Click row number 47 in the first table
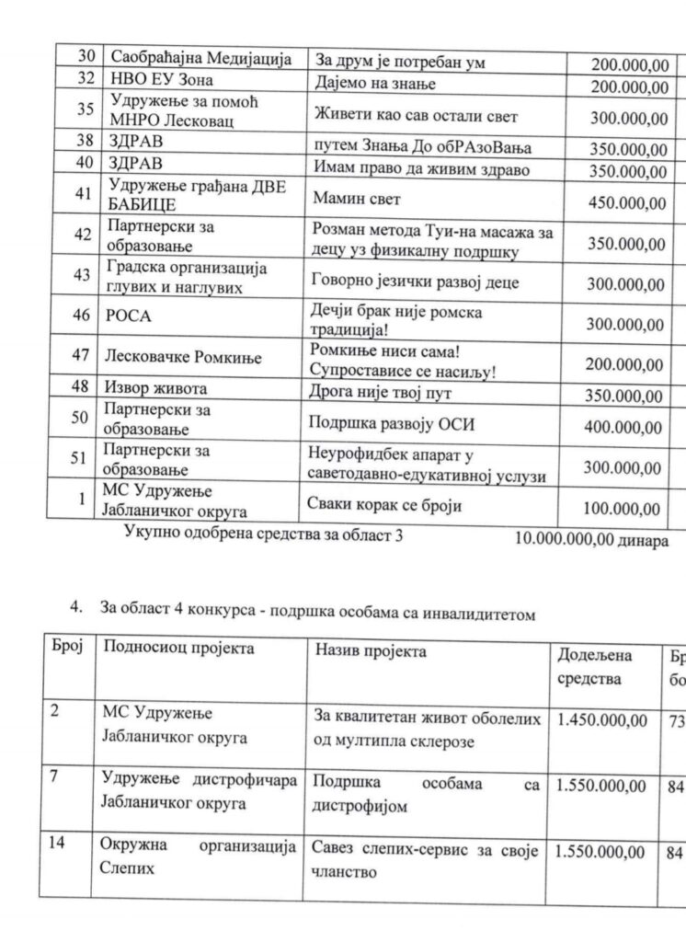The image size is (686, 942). pos(81,355)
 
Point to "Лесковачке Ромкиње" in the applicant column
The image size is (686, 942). pos(183,357)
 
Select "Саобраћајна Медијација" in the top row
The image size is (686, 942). pos(201,59)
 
